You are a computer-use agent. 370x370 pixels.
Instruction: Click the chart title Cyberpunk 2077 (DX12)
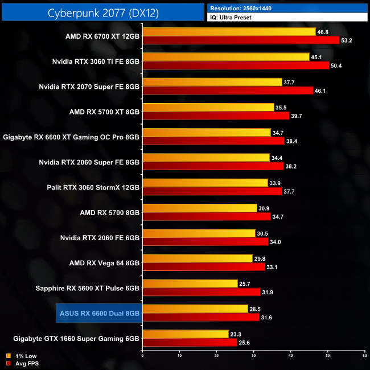(x=103, y=11)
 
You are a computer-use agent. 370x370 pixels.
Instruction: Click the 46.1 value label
(x=321, y=91)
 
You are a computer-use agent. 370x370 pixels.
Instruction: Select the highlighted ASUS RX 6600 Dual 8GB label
(x=100, y=313)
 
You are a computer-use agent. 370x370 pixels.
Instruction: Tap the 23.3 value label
(x=236, y=334)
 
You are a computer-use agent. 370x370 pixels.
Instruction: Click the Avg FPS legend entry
(x=23, y=363)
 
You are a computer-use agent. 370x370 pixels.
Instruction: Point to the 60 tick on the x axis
(x=364, y=355)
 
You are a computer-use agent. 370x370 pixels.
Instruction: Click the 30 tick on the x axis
(x=253, y=355)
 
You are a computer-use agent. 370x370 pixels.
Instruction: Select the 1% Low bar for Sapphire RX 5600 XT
(x=190, y=283)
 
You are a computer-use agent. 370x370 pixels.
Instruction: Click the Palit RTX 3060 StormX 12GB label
(x=93, y=187)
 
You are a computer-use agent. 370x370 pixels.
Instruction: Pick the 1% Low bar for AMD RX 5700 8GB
(x=200, y=208)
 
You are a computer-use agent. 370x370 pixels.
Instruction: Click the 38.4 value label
(x=293, y=141)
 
